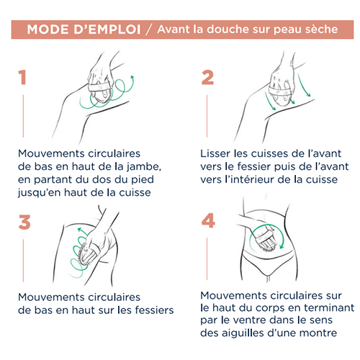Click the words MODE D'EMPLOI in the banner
pyautogui.click(x=84, y=30)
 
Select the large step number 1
pyautogui.click(x=22, y=77)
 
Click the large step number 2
pyautogui.click(x=207, y=77)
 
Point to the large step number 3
pyautogui.click(x=24, y=222)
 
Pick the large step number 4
pyautogui.click(x=208, y=220)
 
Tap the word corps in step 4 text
pyautogui.click(x=271, y=308)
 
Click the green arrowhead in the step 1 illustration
pyautogui.click(x=132, y=78)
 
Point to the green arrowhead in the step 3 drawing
pyautogui.click(x=80, y=230)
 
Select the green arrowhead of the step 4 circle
pyautogui.click(x=282, y=246)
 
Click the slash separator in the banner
pyautogui.click(x=149, y=30)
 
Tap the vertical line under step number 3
pyautogui.click(x=23, y=260)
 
